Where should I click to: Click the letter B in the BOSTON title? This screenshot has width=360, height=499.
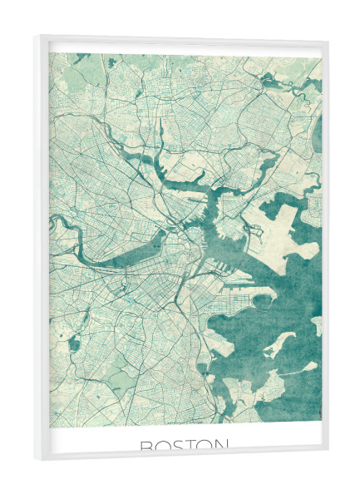(x=147, y=447)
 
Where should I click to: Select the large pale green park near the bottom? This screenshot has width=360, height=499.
(x=125, y=379)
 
